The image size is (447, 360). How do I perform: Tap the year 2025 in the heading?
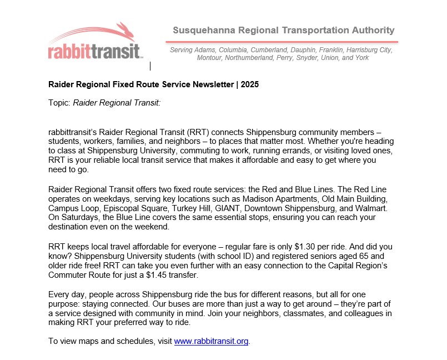tap(249, 85)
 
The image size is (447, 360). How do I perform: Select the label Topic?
tap(59, 103)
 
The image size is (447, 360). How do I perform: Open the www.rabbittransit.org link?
tap(211, 342)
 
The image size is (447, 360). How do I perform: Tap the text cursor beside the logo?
tap(150, 66)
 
